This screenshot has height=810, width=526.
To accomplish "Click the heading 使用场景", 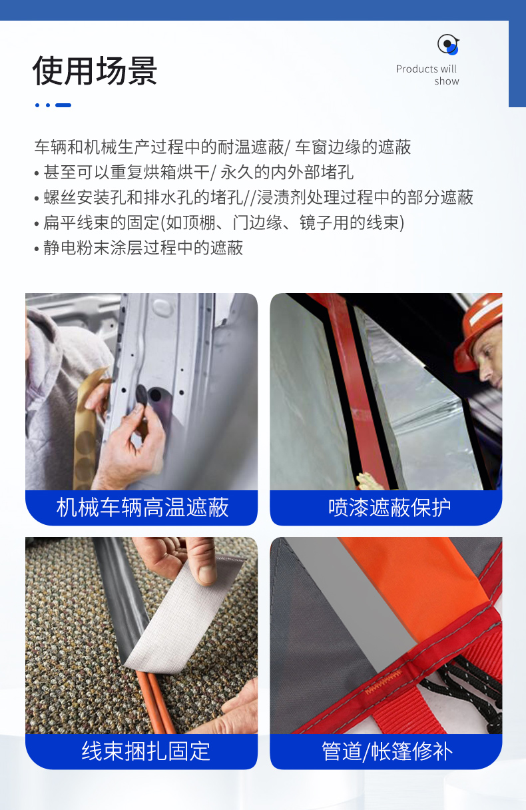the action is click(95, 71).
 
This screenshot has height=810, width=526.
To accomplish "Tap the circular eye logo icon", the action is click(448, 45).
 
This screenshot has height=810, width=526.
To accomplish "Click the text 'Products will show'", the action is click(427, 75).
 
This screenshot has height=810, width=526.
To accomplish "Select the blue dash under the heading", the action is click(63, 105).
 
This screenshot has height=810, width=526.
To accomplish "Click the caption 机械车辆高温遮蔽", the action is click(142, 508).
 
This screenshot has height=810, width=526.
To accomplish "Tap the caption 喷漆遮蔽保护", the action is click(390, 508).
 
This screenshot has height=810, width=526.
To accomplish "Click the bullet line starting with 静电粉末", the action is click(138, 248).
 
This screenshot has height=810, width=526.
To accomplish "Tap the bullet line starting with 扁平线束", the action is click(219, 222).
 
